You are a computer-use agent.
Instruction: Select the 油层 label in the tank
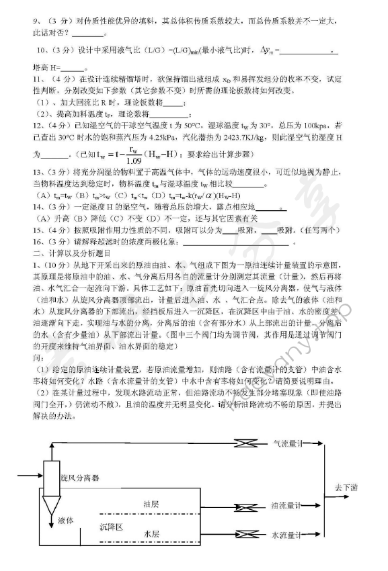point(151,503)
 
